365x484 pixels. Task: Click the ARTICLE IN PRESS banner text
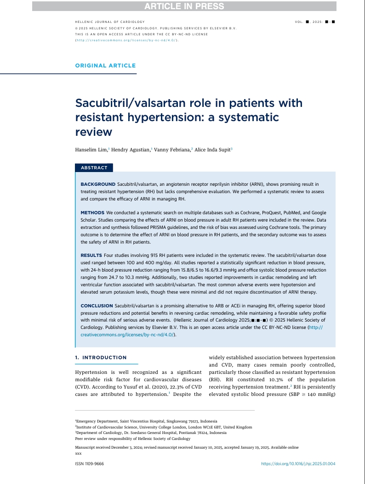coord(184,6)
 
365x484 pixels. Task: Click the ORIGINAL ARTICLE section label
coord(105,66)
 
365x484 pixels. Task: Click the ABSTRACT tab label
coord(94,168)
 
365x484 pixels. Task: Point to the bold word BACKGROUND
coord(97,184)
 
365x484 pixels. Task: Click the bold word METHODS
coord(92,213)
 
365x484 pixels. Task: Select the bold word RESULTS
coord(91,255)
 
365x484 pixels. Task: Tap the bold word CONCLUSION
coord(97,306)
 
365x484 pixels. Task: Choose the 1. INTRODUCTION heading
coord(101,357)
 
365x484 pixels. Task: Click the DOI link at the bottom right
coord(298,464)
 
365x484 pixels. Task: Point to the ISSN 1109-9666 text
coord(89,464)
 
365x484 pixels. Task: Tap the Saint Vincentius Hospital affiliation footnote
coord(146,421)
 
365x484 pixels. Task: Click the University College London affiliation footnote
coord(163,427)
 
